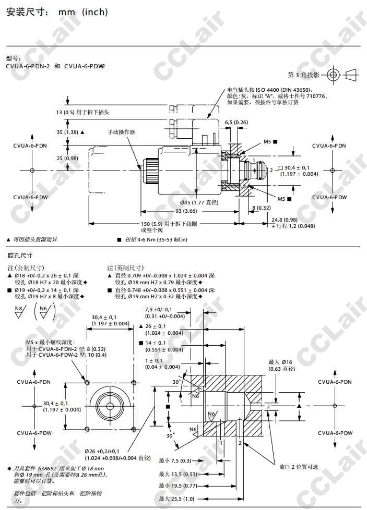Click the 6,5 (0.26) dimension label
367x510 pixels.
[236, 122]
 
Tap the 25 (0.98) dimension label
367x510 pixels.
[67, 158]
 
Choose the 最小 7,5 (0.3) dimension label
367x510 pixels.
[175, 460]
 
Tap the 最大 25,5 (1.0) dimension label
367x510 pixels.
[176, 499]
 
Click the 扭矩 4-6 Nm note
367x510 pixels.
[156, 239]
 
